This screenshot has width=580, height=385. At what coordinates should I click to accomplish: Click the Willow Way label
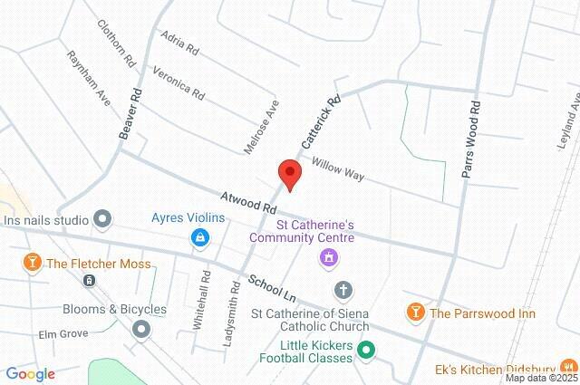[x=338, y=168]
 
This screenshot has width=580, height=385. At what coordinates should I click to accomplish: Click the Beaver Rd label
[x=130, y=112]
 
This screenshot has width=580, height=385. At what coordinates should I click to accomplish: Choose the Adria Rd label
[x=179, y=42]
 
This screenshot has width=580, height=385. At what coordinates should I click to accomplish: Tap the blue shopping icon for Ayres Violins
[x=198, y=238]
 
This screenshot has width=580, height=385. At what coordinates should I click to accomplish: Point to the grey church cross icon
[x=343, y=290]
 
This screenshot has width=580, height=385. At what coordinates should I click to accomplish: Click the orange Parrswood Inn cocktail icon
[x=416, y=313]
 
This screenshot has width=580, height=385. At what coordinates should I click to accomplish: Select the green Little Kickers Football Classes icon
[x=366, y=349]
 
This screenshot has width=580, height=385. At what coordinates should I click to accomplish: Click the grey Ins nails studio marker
[x=102, y=218]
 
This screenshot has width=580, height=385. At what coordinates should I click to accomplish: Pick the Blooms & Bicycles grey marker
[x=140, y=329]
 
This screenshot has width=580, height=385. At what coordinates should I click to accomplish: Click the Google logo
[x=30, y=373]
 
